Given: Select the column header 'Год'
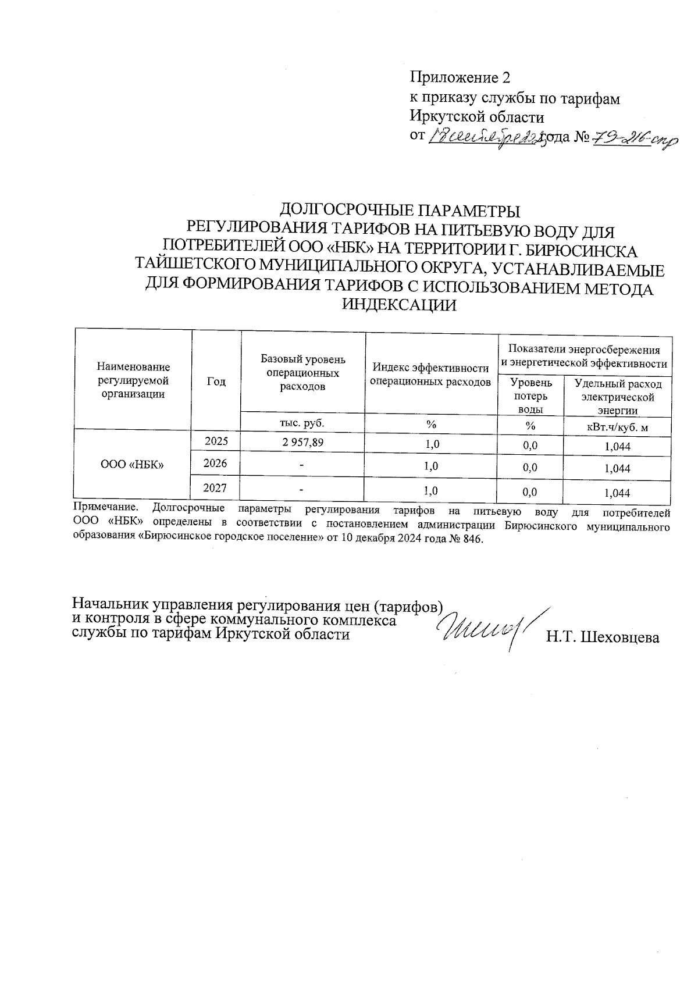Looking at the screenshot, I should [x=216, y=381].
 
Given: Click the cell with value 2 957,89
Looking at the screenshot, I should [x=302, y=443].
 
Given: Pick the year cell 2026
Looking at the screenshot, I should [x=216, y=464].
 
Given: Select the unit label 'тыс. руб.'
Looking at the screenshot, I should [x=302, y=423].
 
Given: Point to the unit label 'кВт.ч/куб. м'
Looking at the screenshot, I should [x=617, y=427].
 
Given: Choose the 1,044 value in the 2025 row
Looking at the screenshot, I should [x=617, y=447].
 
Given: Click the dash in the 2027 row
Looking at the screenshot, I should [x=302, y=490].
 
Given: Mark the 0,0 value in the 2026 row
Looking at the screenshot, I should [x=530, y=467].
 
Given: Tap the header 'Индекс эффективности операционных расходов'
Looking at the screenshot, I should [x=430, y=375].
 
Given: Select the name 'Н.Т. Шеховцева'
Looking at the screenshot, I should [x=602, y=637].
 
